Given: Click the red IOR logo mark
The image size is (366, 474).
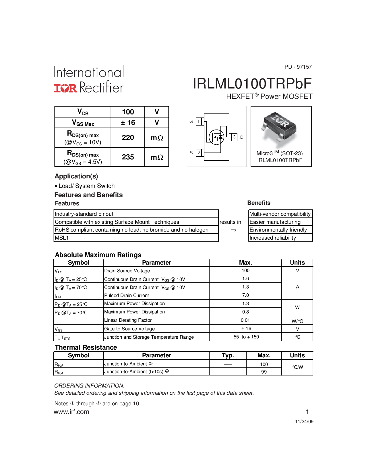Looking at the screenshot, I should coord(65,88).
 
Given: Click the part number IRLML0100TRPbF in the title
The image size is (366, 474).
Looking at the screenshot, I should coord(252,84).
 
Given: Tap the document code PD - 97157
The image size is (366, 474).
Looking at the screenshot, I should coord(298,67).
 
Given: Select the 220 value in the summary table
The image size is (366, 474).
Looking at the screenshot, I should coord(128,138).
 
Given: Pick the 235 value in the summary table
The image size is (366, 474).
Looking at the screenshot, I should coord(128,157).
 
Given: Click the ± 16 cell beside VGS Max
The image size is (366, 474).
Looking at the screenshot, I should coord(128,123).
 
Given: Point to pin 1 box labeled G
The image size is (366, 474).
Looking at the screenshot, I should coord(199,122).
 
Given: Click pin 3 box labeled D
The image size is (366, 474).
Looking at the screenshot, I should coord(234,137).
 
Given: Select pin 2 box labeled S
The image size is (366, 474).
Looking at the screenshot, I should coord(199,153).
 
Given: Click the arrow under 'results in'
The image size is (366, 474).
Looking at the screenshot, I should coord(234,230).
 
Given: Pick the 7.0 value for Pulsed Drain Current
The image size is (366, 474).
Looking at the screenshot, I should coord(245,295).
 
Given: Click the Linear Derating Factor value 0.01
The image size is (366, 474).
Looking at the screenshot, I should coord(245,320).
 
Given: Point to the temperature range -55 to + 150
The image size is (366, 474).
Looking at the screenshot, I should coord(245,337).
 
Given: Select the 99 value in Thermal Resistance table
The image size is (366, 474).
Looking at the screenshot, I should coord(264,372).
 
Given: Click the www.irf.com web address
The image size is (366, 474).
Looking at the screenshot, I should coord(71,412).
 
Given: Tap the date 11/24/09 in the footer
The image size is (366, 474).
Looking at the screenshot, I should coord(304,422).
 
